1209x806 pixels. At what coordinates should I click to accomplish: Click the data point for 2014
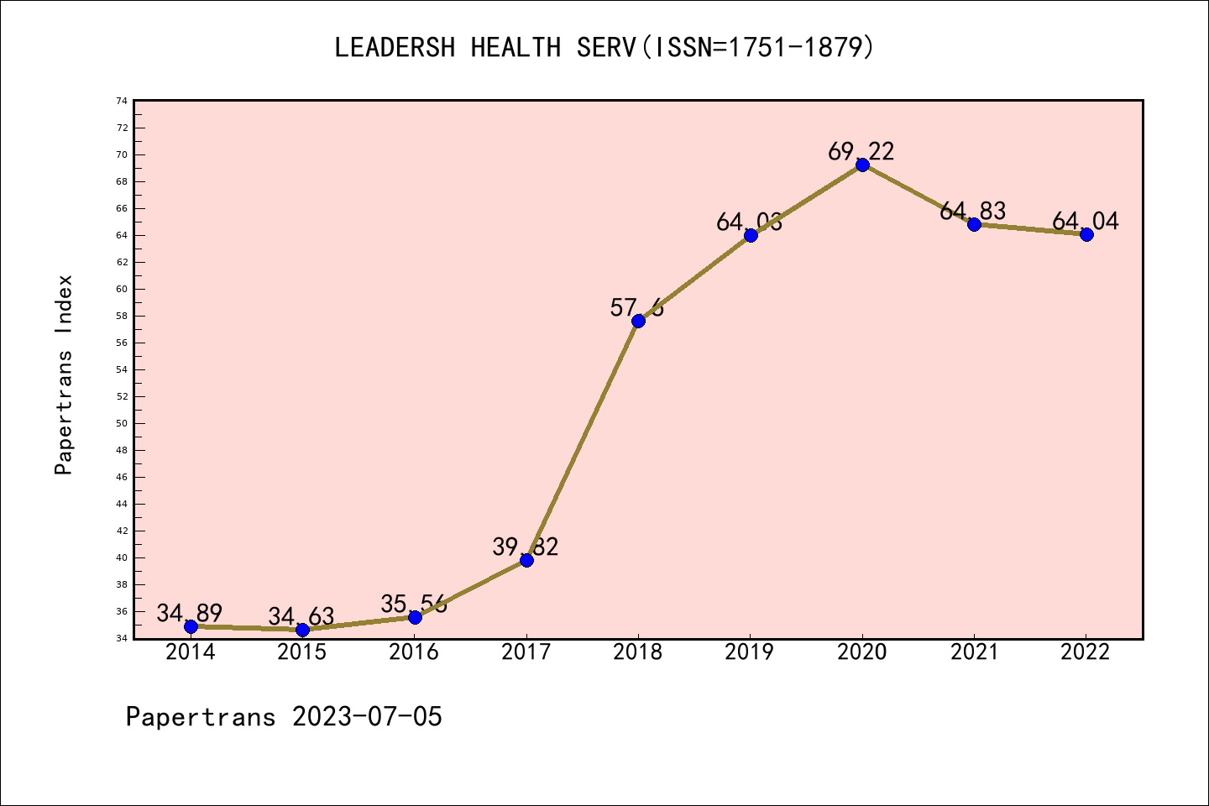click(x=191, y=626)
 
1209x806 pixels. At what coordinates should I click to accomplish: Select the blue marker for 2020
click(x=862, y=165)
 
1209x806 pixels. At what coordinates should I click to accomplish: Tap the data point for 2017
click(x=526, y=560)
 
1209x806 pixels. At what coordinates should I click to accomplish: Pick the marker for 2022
click(x=1086, y=234)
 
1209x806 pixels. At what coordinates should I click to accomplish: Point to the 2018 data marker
click(x=638, y=321)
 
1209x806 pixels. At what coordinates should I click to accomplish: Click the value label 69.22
click(x=861, y=151)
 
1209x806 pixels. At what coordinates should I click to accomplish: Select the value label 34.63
click(x=301, y=617)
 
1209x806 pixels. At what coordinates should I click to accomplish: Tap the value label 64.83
click(x=973, y=211)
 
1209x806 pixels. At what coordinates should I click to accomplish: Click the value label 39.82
click(x=526, y=547)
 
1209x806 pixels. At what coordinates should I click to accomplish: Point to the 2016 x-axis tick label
click(x=414, y=652)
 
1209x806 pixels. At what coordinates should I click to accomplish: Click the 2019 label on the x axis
click(x=750, y=652)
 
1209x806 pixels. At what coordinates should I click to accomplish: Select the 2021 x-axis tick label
click(x=974, y=652)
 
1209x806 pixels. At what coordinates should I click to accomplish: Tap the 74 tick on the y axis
click(x=123, y=101)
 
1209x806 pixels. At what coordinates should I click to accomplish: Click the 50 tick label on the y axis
click(x=123, y=423)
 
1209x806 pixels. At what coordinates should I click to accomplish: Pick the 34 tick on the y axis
click(x=123, y=638)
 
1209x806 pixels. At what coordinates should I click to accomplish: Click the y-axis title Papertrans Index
click(x=65, y=374)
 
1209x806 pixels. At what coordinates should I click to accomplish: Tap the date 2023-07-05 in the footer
click(x=367, y=716)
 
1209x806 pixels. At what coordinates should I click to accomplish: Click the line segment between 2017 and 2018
click(x=583, y=440)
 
